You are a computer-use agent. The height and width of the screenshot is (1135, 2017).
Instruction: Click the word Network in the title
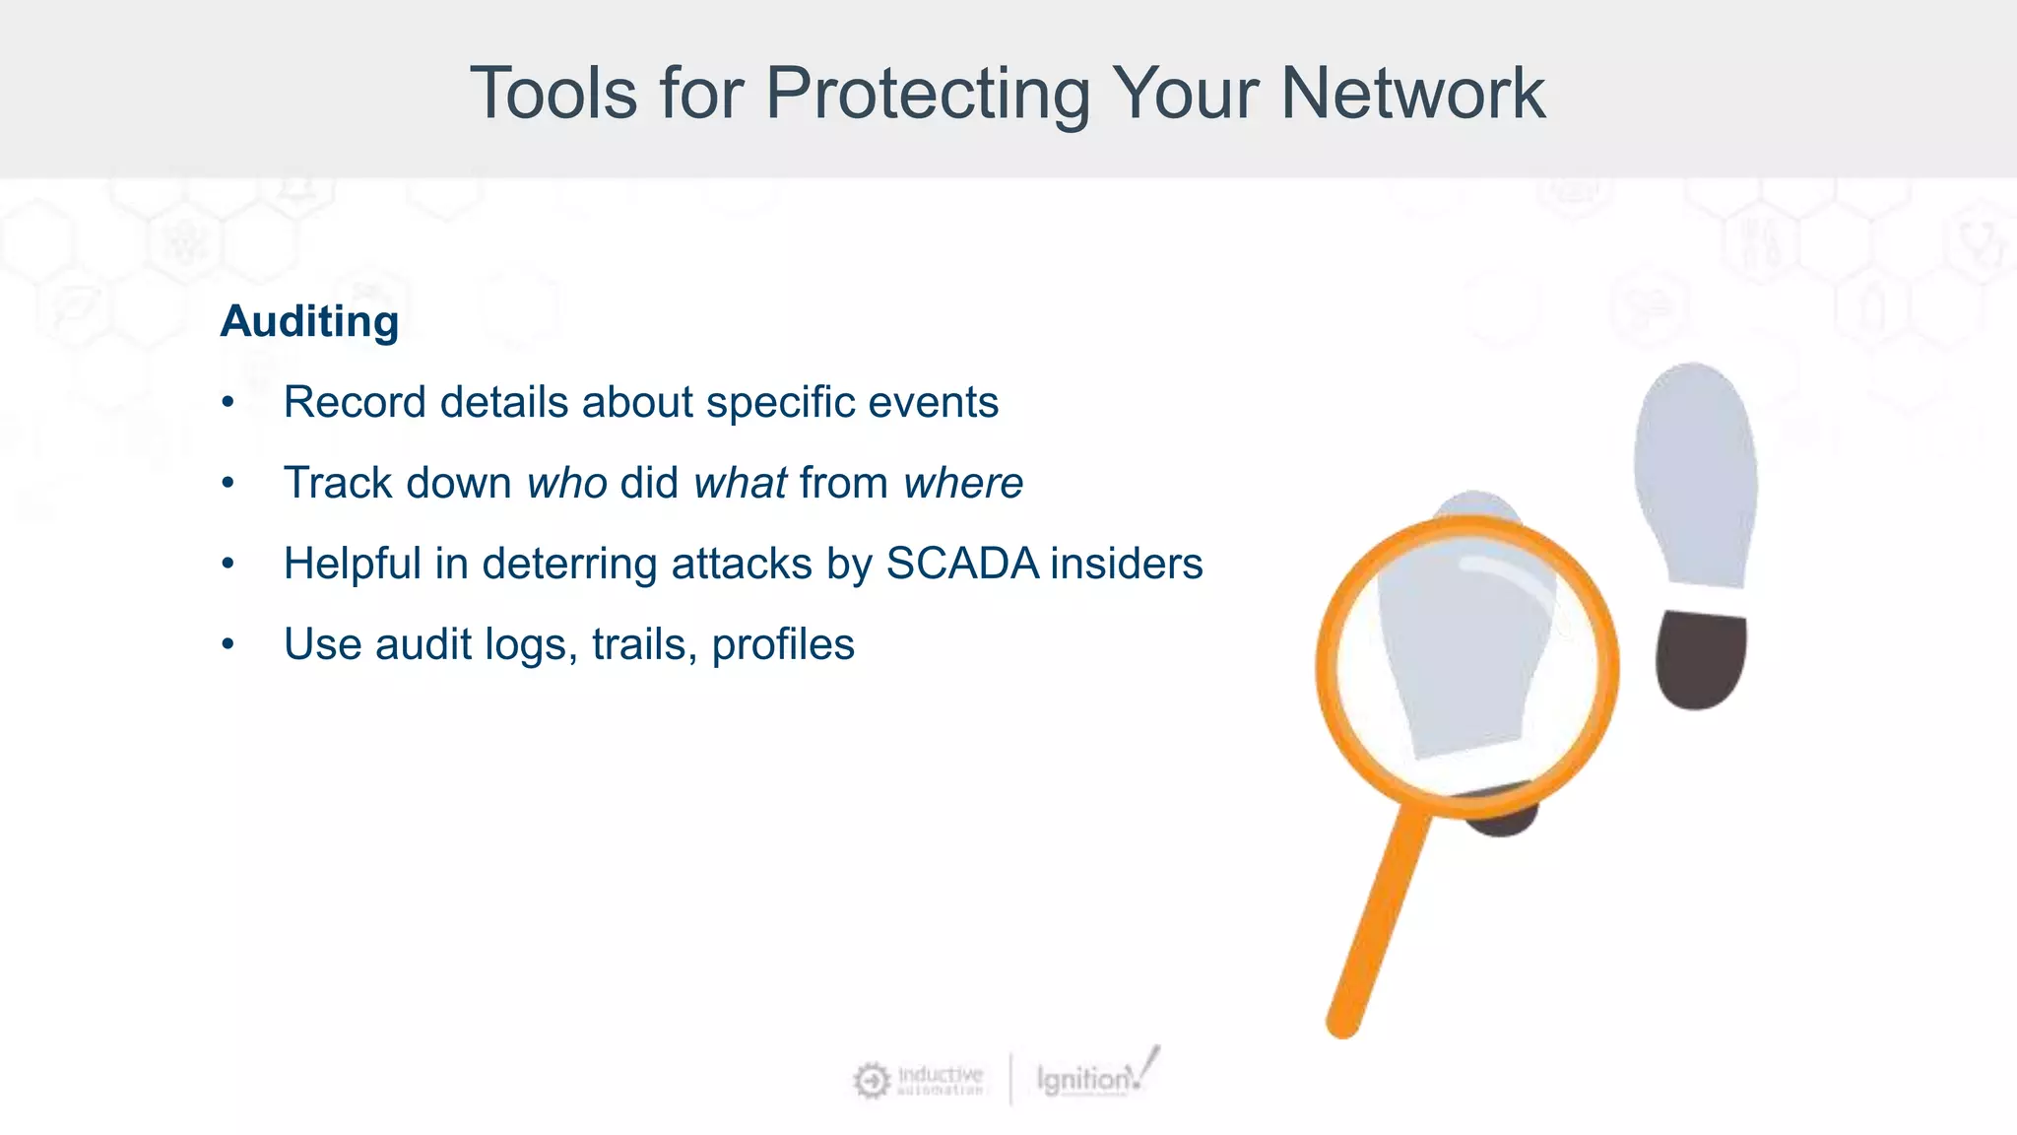(1412, 94)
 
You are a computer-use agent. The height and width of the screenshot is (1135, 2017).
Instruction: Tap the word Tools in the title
(553, 94)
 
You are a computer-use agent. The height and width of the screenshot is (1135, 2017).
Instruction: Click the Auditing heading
(309, 321)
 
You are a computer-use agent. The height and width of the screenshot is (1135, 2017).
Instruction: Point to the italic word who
(567, 484)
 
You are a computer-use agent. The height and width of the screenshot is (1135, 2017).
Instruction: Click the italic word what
(740, 484)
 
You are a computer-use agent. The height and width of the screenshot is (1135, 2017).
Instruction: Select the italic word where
(963, 484)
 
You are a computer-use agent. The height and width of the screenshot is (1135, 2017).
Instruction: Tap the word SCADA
(962, 564)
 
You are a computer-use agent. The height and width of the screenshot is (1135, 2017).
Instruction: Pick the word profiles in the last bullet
(783, 645)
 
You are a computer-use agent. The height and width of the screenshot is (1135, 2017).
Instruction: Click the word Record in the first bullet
(356, 402)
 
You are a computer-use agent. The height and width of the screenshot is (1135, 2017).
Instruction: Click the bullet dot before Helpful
(228, 564)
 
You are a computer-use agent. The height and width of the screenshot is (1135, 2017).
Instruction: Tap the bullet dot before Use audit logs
(228, 644)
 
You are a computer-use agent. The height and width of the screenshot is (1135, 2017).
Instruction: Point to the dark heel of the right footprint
(1700, 658)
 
